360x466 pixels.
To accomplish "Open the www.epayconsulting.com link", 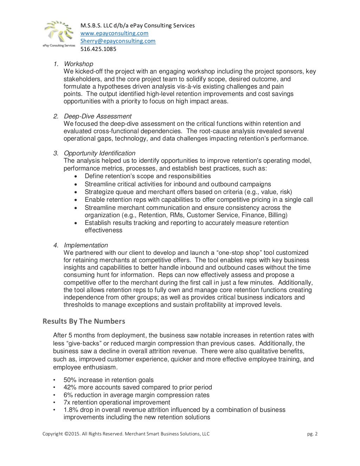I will coord(114,33).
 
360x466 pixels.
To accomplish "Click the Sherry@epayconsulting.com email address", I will coord(118,41).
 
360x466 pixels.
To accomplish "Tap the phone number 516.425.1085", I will coord(98,49).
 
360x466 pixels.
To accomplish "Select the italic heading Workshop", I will coord(78,64).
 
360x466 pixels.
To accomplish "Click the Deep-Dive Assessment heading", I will coord(97,116).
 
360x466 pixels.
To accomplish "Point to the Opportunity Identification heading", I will coord(99,153).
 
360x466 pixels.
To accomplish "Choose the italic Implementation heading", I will coord(86,245).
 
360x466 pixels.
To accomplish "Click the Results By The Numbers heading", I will coord(84,321).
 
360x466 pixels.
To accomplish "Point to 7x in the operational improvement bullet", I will coord(67,402).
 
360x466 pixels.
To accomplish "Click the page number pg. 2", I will coord(312,434).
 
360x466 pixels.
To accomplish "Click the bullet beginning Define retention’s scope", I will coord(148,176).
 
